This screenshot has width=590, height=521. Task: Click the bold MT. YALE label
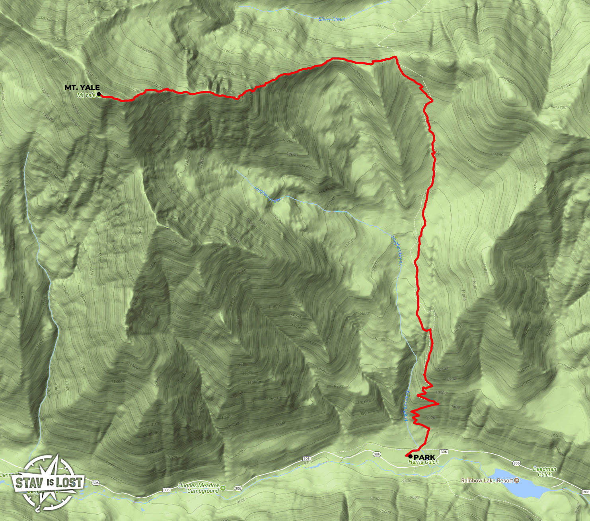[x=82, y=87]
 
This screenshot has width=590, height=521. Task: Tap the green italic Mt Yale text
[x=86, y=95]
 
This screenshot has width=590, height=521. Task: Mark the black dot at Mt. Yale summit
[x=99, y=94]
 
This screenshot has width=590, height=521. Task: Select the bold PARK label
[x=424, y=457]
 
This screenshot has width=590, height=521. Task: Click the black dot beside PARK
[x=411, y=456]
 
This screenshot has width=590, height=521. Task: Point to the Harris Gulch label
[x=423, y=462]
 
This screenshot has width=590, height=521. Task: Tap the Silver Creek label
[x=332, y=19]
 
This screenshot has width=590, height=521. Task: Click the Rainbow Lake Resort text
[x=487, y=480]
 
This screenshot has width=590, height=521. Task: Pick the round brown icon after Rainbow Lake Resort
[x=517, y=480]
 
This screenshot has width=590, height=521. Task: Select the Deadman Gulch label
[x=545, y=472]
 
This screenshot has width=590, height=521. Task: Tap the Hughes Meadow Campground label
[x=199, y=488]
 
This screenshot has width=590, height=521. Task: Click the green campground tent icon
[x=223, y=488]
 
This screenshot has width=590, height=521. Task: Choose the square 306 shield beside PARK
[x=444, y=452]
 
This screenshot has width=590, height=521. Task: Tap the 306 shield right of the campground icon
[x=238, y=488]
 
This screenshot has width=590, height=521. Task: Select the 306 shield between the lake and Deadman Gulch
[x=516, y=463]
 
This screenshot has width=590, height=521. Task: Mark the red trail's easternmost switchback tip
[x=438, y=404]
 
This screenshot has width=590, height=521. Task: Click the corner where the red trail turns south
[x=396, y=57]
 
